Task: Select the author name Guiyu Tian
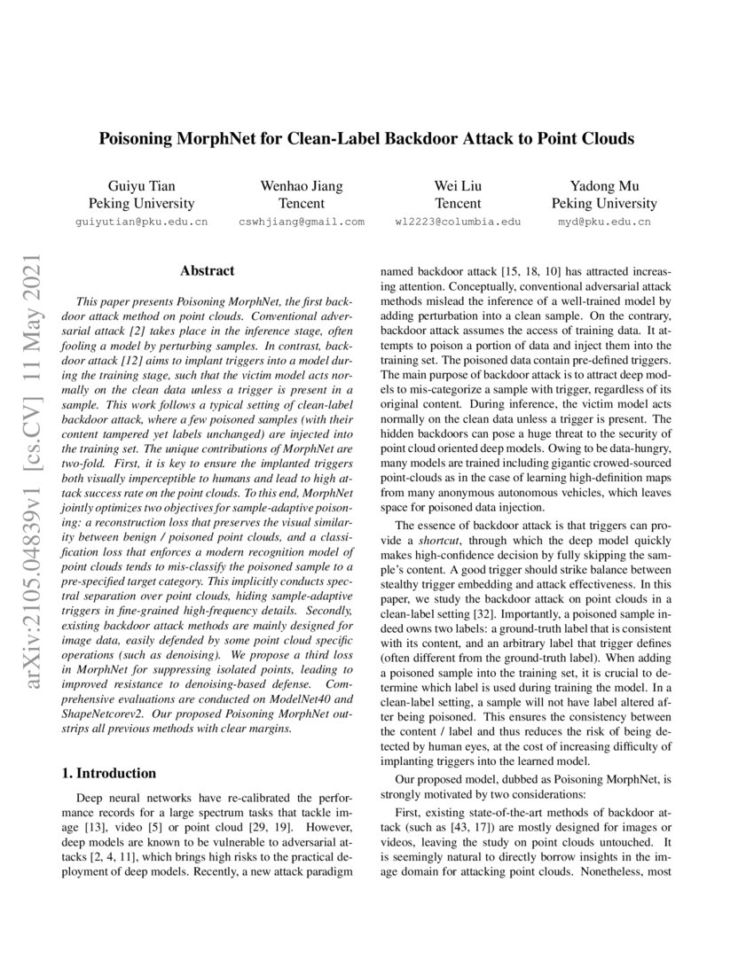142,185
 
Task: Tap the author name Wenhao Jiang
301,185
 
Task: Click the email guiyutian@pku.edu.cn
142,222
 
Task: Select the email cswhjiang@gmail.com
301,222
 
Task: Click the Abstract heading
207,270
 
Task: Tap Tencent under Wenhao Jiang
301,203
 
